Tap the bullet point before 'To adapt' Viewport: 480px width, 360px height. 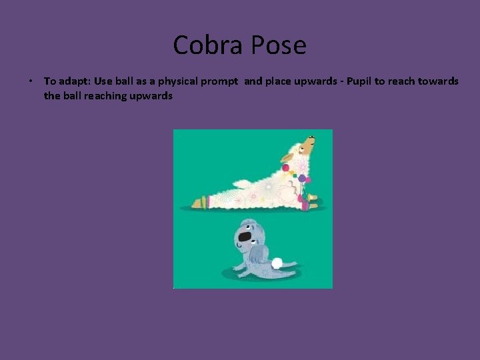point(31,81)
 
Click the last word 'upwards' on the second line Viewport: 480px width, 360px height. point(153,96)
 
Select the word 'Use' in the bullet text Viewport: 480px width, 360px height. point(103,81)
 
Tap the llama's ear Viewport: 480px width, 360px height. point(287,159)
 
